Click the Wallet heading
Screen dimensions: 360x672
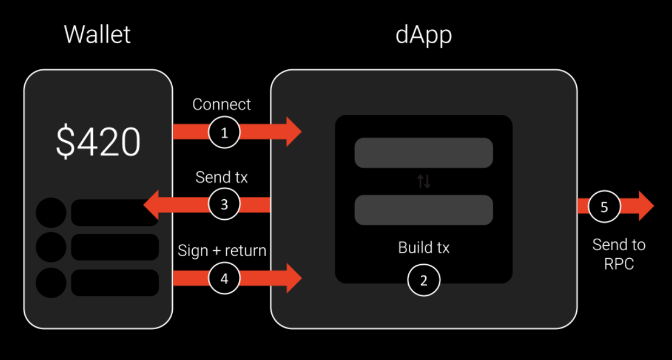coord(97,35)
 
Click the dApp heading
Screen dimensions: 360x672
coord(423,35)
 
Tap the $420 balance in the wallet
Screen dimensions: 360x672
coord(98,142)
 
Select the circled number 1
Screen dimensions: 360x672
coord(224,132)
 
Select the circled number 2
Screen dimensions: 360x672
coord(423,280)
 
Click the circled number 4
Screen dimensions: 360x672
coord(224,278)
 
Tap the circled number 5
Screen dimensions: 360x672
coord(604,206)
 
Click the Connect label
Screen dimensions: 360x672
coord(221,104)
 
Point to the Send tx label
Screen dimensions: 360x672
coord(221,177)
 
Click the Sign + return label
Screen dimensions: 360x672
coord(222,251)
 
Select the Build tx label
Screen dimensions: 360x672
coord(423,248)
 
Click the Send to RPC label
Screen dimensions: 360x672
coord(618,254)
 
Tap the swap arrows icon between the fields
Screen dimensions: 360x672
coord(423,182)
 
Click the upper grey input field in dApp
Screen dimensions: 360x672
coord(423,153)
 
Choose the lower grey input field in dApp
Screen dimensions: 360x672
coord(423,210)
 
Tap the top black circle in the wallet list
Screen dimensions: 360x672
coord(51,213)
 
